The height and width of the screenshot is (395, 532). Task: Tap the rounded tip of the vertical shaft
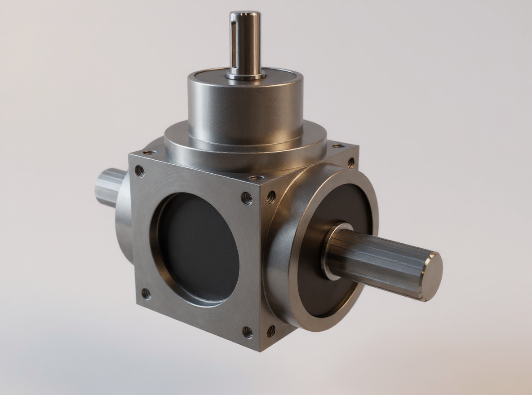244,14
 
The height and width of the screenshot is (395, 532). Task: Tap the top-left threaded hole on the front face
140,171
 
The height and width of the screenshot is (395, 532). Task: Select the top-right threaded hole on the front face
247,198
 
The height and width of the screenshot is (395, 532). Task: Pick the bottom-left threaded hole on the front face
146,294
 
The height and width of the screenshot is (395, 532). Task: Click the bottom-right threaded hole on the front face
248,332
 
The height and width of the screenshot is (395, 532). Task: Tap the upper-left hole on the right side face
271,196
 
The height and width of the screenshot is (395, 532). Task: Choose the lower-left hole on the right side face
271,331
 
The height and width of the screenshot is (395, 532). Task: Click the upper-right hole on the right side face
350,162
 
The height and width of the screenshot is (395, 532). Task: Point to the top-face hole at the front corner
256,178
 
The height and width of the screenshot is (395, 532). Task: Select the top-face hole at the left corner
150,153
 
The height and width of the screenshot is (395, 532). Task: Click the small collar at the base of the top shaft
245,75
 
